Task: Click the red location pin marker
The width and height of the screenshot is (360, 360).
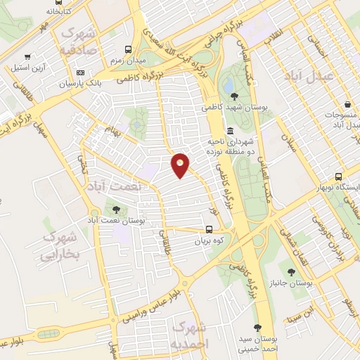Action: (181, 165)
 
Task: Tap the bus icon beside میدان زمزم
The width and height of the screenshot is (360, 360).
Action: (128, 49)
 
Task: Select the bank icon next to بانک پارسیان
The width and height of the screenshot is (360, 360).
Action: (80, 72)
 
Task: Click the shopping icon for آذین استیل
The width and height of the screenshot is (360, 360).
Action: (27, 57)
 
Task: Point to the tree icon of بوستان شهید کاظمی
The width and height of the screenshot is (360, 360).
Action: (233, 96)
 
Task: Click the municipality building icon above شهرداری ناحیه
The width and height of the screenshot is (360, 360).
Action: (231, 131)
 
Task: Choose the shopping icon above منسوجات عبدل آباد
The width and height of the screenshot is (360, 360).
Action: (340, 103)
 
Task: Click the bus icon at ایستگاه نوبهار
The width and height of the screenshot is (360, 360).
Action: (339, 176)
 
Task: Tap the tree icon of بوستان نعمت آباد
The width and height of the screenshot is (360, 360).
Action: (116, 209)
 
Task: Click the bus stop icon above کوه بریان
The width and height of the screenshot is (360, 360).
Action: (209, 229)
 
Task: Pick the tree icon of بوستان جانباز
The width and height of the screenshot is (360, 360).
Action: (291, 271)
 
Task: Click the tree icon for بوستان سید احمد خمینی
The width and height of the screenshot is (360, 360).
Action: (257, 328)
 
